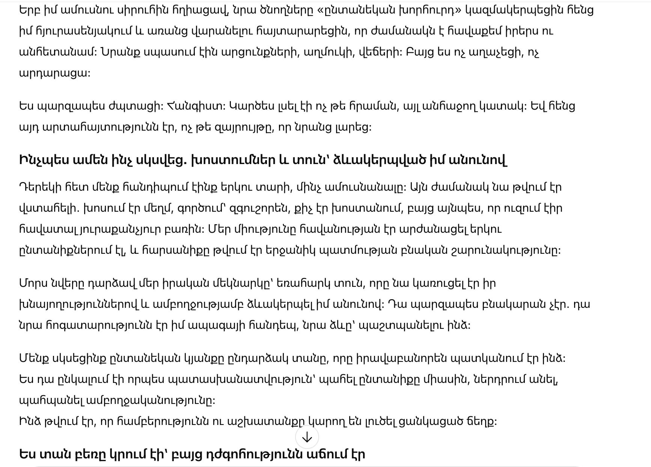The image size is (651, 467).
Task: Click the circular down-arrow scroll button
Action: pyautogui.click(x=307, y=437)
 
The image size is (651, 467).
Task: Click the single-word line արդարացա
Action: pyautogui.click(x=54, y=73)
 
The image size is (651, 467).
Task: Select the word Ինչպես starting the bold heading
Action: pyautogui.click(x=44, y=160)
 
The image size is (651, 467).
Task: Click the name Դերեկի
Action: pyautogui.click(x=40, y=187)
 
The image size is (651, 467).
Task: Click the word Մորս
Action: pyautogui.click(x=33, y=283)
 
